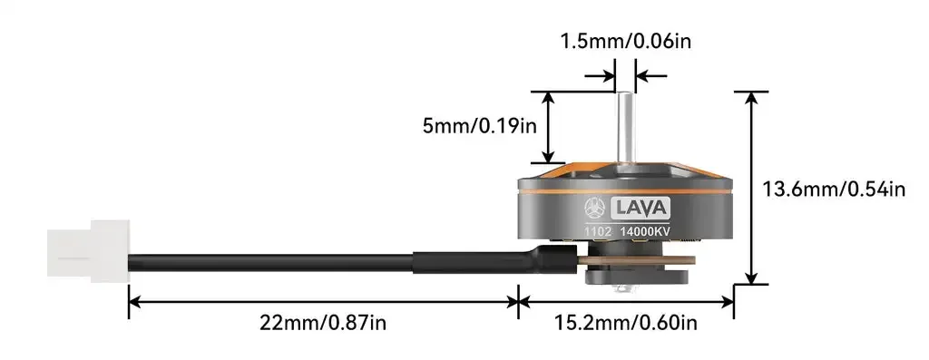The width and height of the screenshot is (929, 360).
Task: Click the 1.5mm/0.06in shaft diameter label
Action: pos(625,42)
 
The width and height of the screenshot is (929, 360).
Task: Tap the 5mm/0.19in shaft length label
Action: pos(479,126)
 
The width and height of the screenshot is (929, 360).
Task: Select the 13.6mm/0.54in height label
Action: pos(834,190)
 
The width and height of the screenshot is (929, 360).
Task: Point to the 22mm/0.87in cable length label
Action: pos(323,324)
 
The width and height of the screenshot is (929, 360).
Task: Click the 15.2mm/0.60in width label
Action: pos(626,324)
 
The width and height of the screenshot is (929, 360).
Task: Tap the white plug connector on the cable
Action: pos(88,250)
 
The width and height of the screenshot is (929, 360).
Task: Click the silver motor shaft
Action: pos(625,133)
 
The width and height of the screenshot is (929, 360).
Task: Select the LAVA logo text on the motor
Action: pos(641,208)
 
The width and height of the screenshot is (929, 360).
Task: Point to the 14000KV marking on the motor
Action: pos(645,232)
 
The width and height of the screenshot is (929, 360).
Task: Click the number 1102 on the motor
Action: pos(597,232)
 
